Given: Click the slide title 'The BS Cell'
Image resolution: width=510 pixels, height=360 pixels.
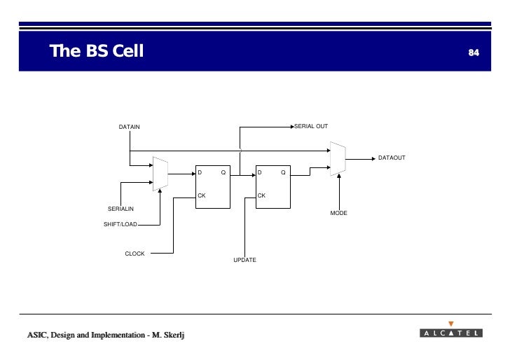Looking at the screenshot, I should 96,51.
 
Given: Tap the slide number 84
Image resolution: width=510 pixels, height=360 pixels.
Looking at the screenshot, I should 474,53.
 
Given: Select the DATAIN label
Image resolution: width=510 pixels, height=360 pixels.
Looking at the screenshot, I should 129,127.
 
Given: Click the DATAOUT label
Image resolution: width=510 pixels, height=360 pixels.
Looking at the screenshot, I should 392,158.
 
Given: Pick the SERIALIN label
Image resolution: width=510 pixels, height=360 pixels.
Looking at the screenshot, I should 120,209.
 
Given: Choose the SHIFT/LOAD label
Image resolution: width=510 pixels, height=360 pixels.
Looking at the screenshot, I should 120,224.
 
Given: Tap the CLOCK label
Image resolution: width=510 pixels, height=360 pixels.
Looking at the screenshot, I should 135,254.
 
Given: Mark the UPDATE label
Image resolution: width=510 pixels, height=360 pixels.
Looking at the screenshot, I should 244,260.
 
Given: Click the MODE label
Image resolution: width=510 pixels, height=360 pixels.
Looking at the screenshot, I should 339,212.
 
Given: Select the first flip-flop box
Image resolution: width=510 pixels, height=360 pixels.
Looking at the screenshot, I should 212,188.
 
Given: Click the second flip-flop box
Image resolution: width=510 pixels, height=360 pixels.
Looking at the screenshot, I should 273,188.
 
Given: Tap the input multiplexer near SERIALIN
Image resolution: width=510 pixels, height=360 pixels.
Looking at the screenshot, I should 160,174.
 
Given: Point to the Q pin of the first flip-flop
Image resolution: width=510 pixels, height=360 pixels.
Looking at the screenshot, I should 223,172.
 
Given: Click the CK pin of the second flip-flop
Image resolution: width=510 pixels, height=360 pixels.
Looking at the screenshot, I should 261,195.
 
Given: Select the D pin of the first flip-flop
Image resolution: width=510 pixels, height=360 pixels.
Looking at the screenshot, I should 200,172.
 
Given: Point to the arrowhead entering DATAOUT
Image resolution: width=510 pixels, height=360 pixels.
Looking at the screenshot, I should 371,158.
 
